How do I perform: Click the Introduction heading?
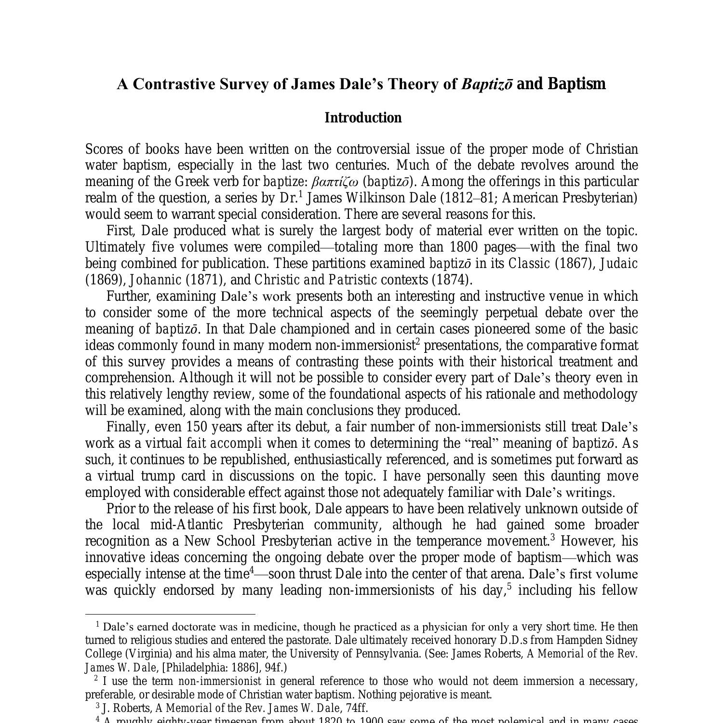[362, 118]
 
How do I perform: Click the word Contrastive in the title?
[174, 84]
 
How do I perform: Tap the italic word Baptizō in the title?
[487, 84]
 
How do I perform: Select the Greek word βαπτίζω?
[335, 182]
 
